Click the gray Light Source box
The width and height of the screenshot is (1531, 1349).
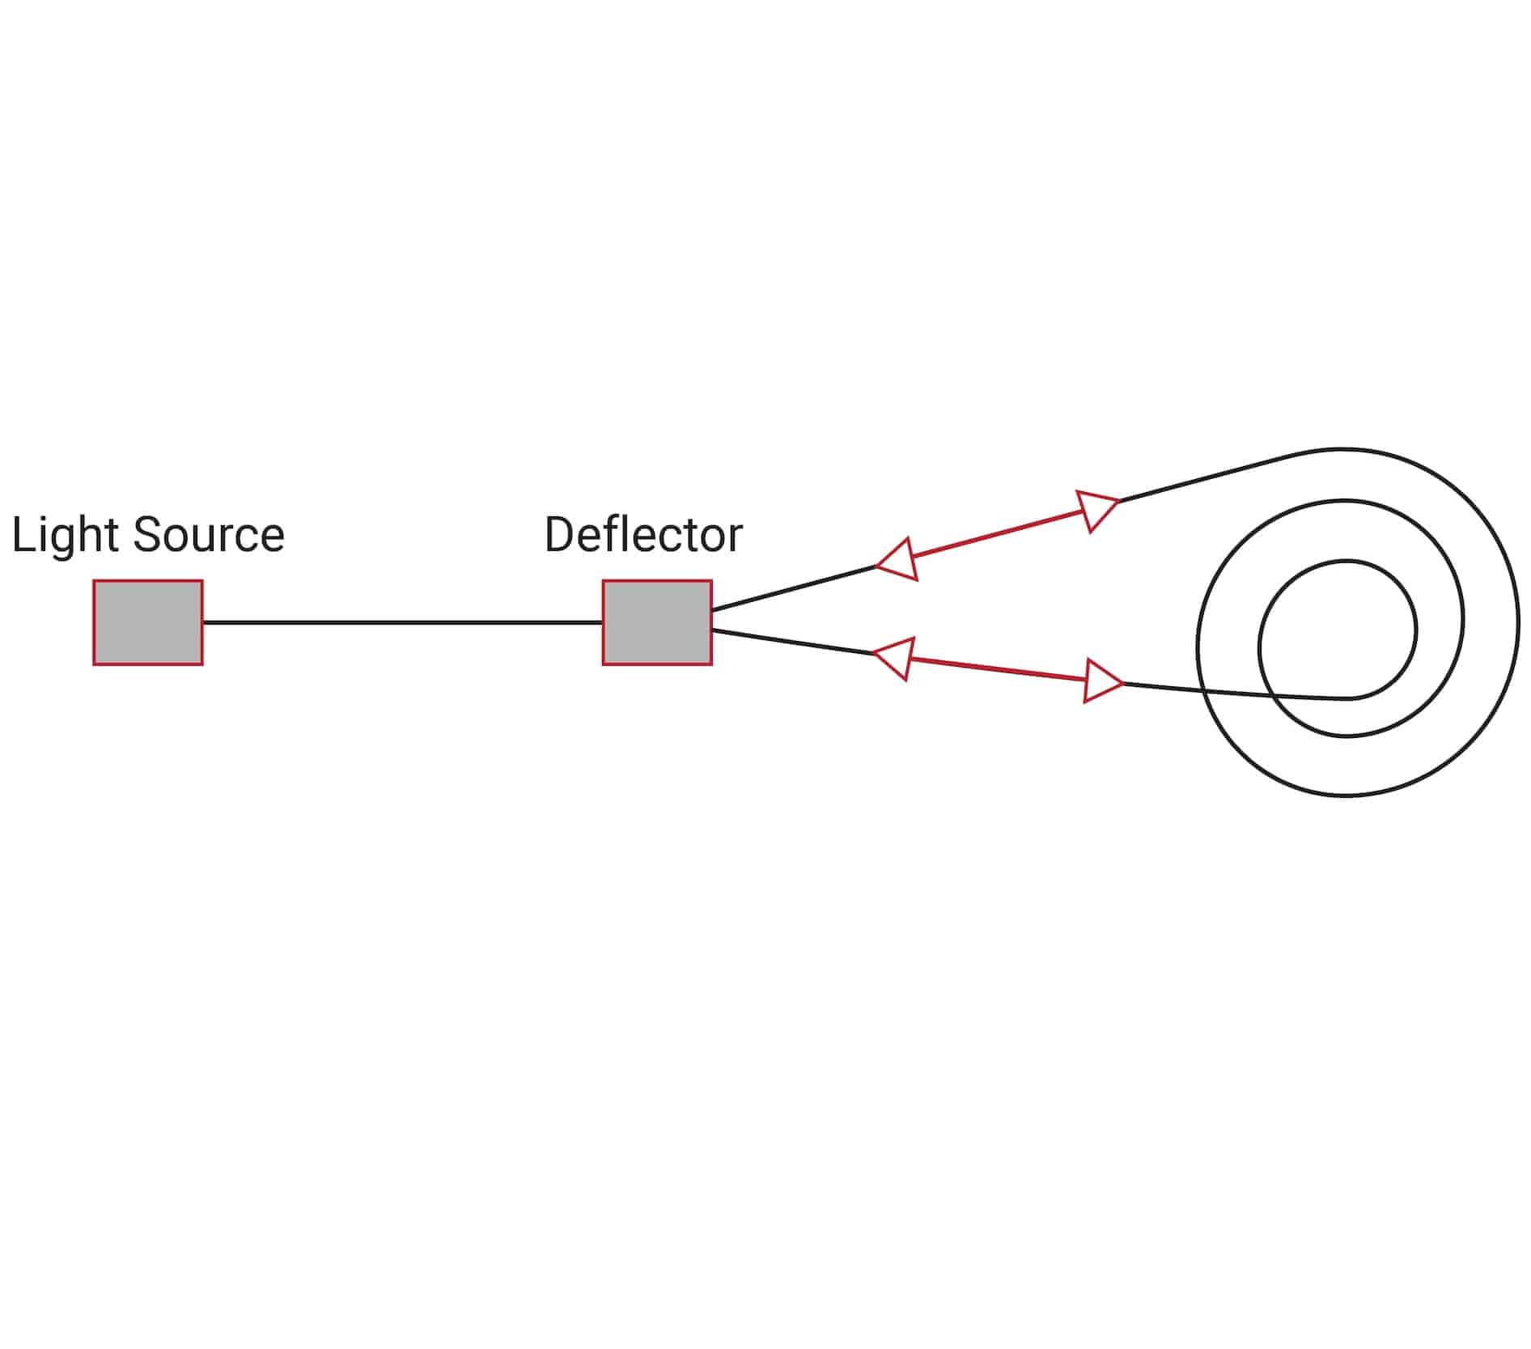click(x=147, y=622)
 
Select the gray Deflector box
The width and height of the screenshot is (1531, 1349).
click(x=656, y=622)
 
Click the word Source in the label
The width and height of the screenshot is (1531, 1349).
click(x=208, y=535)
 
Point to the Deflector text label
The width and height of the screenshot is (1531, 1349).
click(x=643, y=535)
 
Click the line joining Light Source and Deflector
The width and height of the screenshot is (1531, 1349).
click(x=402, y=622)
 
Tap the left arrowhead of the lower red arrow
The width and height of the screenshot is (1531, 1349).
click(x=897, y=657)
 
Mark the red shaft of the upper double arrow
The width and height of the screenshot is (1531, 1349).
click(x=999, y=534)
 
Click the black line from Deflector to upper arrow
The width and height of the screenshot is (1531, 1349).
click(x=793, y=588)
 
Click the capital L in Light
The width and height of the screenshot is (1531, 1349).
click(x=23, y=535)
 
